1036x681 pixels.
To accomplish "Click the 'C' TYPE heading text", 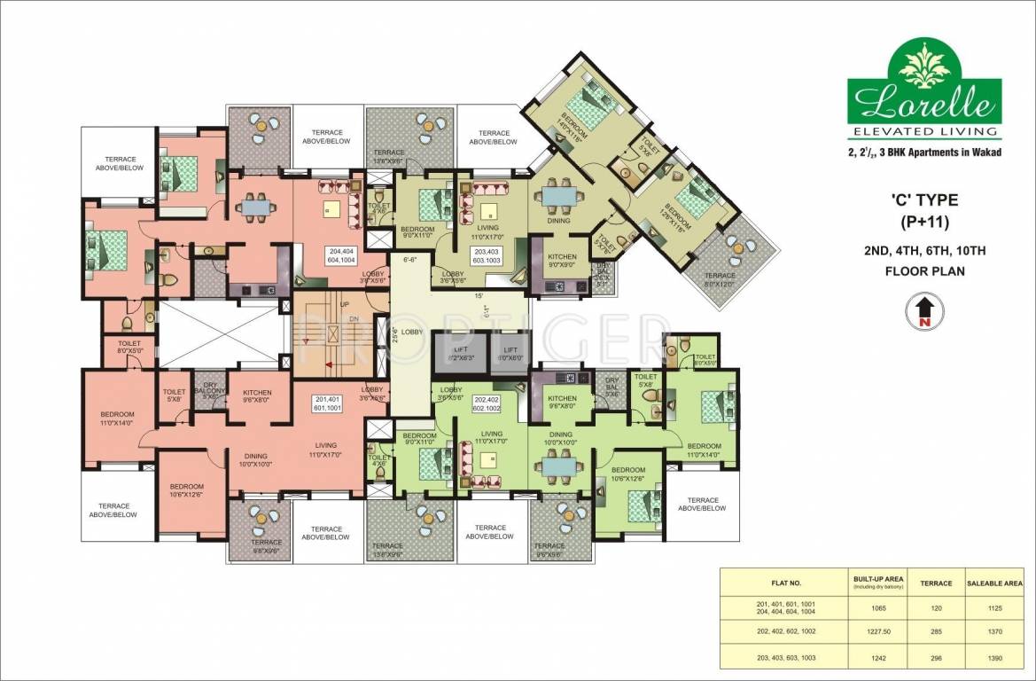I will [x=924, y=200].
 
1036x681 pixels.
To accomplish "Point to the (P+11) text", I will [x=924, y=221].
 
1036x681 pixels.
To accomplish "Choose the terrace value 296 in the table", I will [x=941, y=658].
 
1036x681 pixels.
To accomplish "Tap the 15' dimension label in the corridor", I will [x=479, y=295].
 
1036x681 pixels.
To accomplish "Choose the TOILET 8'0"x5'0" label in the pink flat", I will [x=118, y=345].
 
